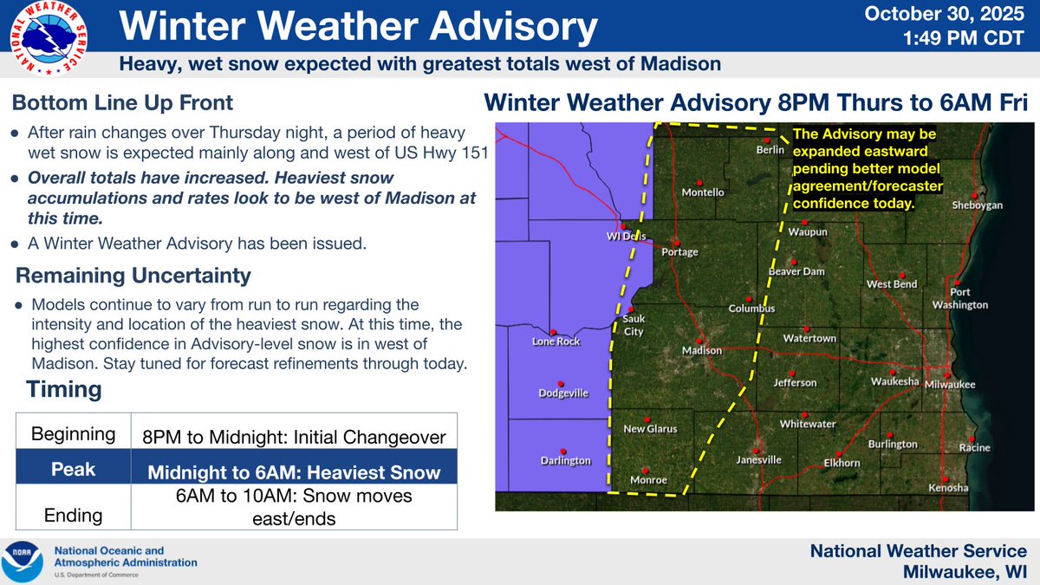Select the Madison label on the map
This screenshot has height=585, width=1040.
(702, 351)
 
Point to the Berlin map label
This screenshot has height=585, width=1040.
(770, 149)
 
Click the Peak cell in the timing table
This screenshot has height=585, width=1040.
(72, 471)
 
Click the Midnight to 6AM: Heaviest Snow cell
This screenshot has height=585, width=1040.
(293, 472)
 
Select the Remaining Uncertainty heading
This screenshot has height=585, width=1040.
(133, 276)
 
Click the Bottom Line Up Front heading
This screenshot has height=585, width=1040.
(122, 103)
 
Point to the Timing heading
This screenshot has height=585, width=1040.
(64, 390)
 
